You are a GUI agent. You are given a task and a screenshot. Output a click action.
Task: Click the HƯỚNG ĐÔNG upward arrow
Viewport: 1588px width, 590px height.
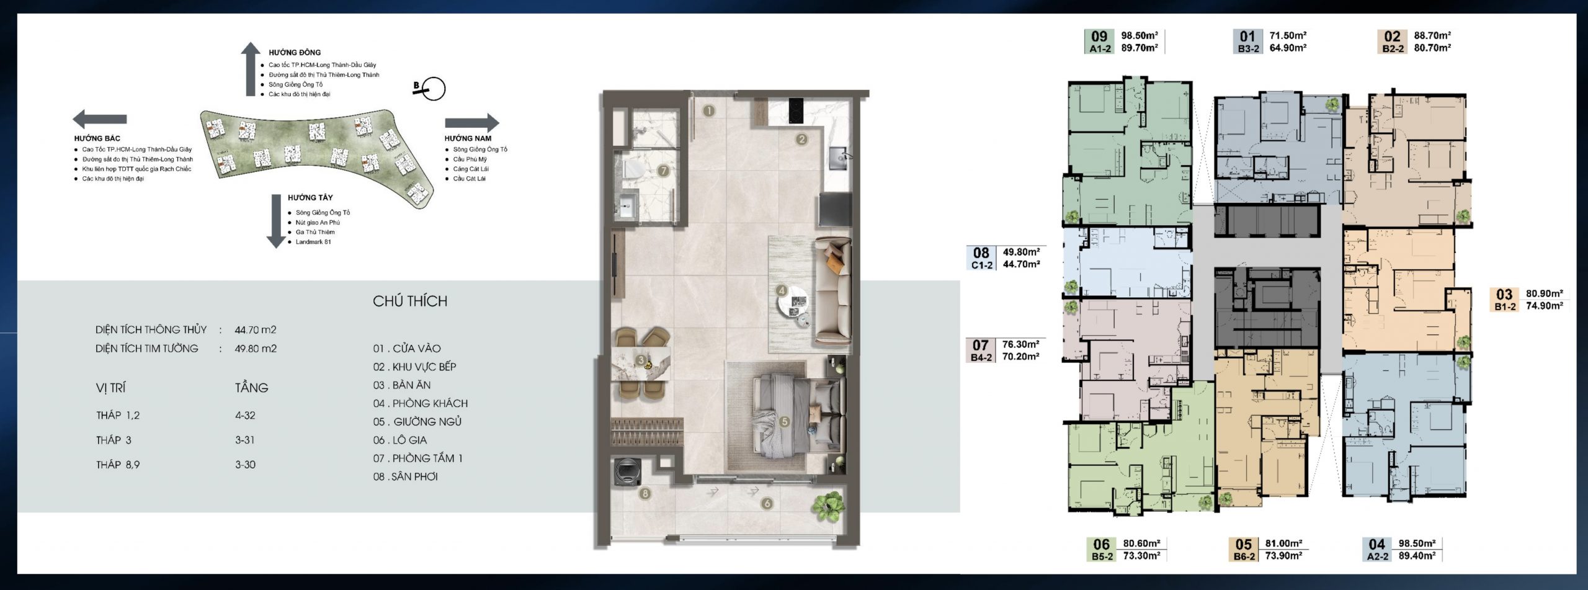click(250, 69)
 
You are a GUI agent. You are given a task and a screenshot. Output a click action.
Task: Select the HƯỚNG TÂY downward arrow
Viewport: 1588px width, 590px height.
click(275, 221)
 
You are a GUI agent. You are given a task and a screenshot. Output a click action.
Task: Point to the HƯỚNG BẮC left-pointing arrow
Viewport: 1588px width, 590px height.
click(100, 118)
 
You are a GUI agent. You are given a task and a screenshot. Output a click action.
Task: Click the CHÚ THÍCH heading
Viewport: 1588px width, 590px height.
click(410, 301)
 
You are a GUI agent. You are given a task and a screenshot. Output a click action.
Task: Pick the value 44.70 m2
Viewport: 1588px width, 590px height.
click(256, 329)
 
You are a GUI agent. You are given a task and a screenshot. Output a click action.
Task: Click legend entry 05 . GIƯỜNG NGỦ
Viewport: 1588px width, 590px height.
click(417, 422)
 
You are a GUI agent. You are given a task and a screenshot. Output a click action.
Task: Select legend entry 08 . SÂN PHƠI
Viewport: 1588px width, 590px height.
click(405, 476)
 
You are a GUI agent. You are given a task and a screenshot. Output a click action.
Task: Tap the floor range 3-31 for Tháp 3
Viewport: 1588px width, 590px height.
click(245, 440)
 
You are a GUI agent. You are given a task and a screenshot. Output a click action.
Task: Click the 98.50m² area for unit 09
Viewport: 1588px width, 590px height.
click(1140, 35)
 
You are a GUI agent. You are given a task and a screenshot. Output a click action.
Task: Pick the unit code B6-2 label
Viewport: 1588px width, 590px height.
click(1244, 556)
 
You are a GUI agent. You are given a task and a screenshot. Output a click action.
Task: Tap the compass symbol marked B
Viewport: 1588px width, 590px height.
click(429, 89)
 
